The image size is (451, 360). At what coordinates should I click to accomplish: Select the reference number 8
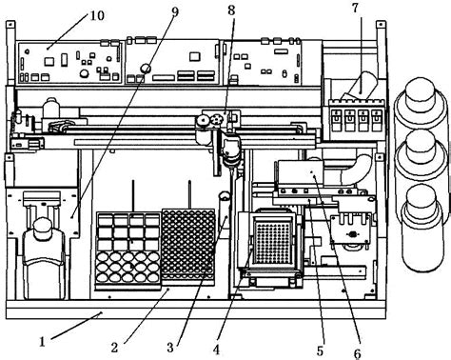pos(230,11)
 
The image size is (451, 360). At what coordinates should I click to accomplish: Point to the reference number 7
pos(354,10)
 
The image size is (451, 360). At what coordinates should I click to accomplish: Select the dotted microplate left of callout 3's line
pos(187,243)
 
